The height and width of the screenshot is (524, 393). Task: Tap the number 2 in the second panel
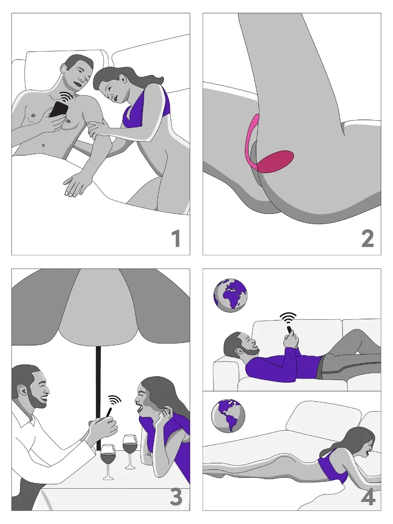pos(367,239)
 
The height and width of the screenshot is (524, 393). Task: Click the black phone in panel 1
pos(59,109)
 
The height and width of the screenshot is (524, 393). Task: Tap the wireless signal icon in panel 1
pos(66,96)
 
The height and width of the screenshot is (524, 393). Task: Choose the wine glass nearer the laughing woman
pos(130,448)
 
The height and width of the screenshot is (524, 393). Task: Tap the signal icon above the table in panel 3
pos(114,400)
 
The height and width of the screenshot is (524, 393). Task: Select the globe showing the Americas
pos(228,417)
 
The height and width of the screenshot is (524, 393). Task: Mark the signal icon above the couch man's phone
pos(288,317)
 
